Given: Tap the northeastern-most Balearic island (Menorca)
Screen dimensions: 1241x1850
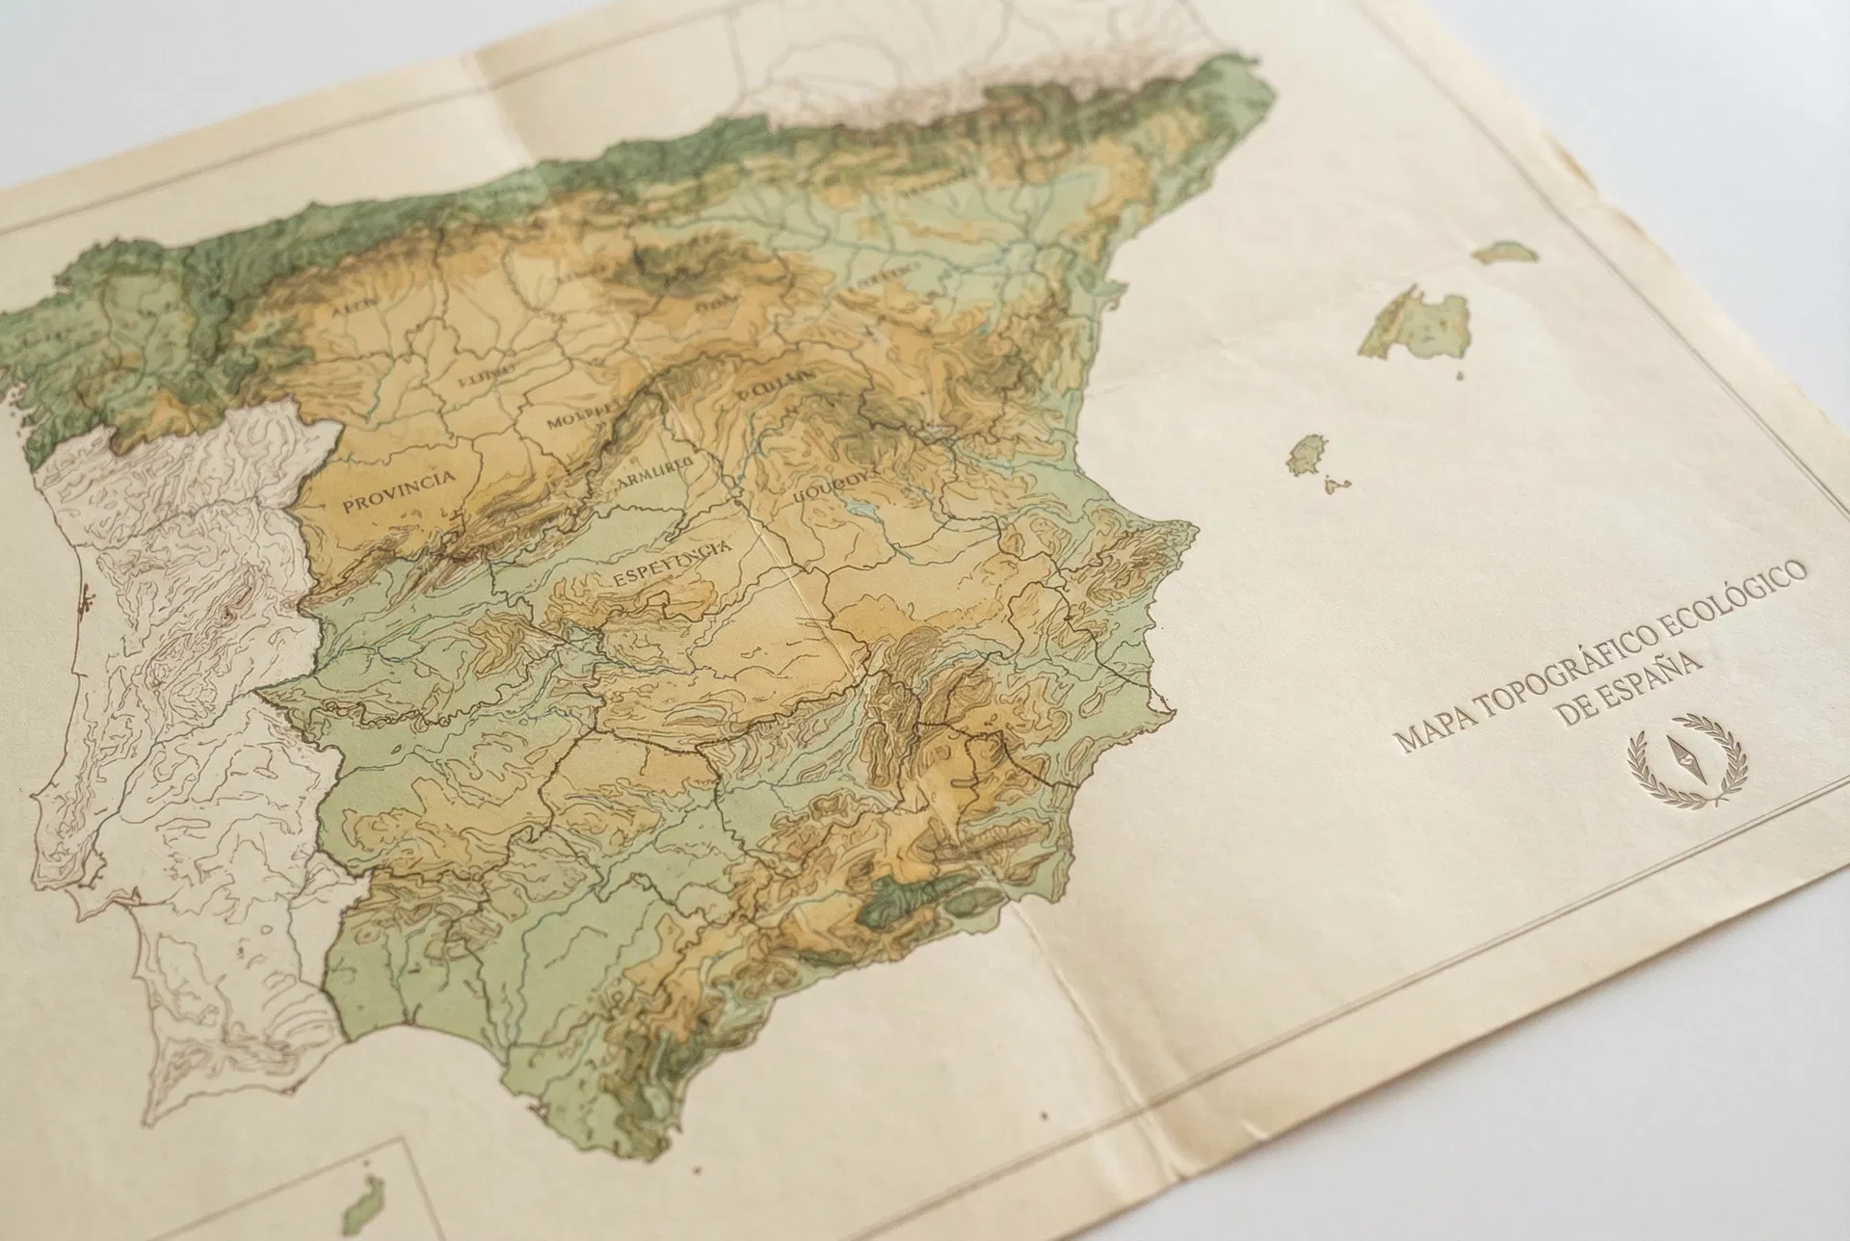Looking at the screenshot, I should click(x=1505, y=252).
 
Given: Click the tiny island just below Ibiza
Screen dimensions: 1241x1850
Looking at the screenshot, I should click(x=1335, y=485).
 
